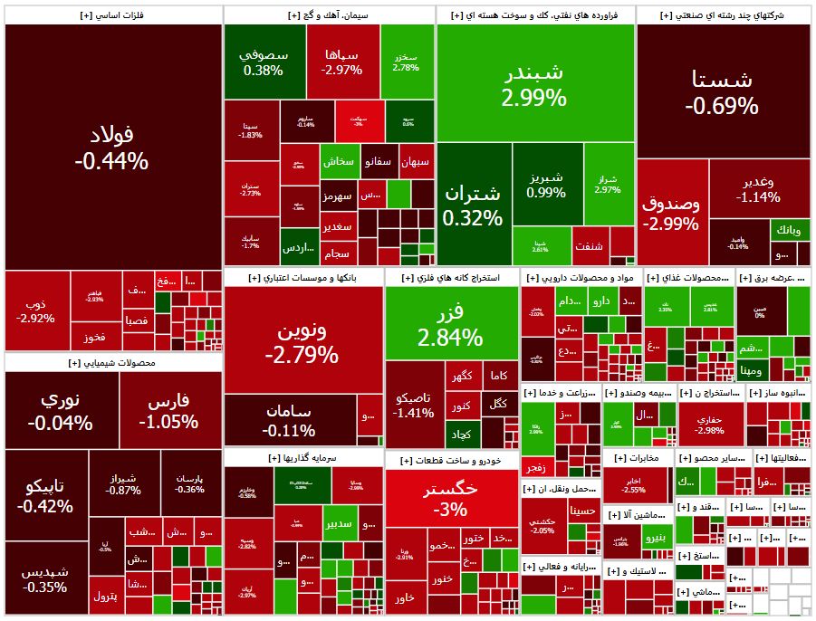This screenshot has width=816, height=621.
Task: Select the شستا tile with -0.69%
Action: click(722, 91)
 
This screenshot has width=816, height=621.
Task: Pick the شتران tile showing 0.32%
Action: click(473, 205)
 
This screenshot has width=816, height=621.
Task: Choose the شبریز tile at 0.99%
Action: click(546, 185)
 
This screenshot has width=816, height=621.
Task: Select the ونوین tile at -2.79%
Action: click(302, 342)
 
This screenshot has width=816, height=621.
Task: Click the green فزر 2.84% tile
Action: click(450, 325)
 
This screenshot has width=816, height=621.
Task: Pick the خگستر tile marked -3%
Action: click(450, 498)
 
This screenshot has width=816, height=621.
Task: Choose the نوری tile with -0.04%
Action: click(60, 410)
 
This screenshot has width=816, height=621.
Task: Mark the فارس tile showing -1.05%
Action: click(168, 410)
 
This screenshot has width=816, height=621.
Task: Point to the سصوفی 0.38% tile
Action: click(264, 62)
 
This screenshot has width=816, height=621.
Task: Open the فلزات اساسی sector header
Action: click(112, 15)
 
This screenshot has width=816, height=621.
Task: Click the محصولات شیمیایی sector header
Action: click(112, 363)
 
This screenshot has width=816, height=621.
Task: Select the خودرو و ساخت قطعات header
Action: click(450, 461)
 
